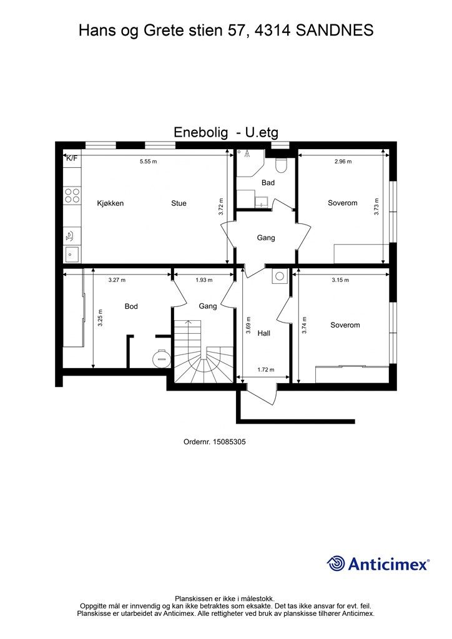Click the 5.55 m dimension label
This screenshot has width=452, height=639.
[148, 162]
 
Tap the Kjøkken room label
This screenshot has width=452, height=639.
[110, 203]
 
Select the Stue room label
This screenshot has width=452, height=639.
[179, 203]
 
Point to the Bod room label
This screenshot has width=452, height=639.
[131, 306]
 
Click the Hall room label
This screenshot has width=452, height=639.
[264, 333]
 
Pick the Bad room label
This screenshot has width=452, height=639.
[268, 183]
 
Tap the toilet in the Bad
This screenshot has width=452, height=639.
[281, 165]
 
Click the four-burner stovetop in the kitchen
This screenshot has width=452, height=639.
[72, 195]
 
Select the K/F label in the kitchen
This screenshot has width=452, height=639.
[72, 158]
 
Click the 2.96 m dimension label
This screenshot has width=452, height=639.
[343, 162]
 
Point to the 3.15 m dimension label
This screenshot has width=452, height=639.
[340, 280]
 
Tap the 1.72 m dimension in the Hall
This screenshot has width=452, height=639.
[266, 369]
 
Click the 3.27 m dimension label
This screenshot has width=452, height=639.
[117, 280]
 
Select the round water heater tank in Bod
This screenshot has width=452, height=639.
[161, 358]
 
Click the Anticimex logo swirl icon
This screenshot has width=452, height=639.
[336, 563]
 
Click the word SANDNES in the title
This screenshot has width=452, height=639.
[334, 31]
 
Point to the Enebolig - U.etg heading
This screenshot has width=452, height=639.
[226, 132]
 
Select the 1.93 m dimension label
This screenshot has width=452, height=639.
[204, 280]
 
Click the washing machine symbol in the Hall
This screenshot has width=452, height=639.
[279, 276]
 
